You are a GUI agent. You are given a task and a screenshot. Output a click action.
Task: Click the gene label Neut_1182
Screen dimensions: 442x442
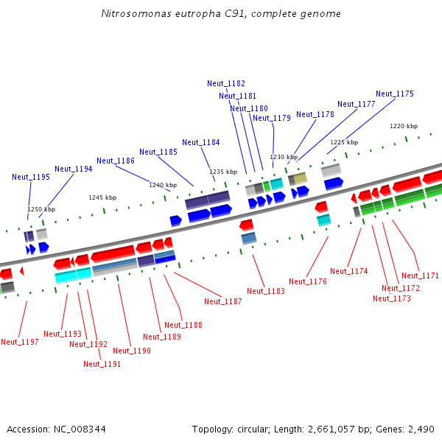click(x=226, y=83)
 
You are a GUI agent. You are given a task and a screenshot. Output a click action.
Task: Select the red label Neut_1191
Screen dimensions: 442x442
click(x=102, y=364)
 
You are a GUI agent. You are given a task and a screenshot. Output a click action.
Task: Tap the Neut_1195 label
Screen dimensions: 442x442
click(x=31, y=177)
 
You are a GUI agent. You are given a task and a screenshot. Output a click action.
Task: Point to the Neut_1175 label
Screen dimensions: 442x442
click(x=395, y=94)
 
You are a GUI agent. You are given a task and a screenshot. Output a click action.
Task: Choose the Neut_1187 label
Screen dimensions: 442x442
click(x=223, y=301)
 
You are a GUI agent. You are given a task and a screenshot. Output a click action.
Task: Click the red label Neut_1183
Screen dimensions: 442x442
click(x=266, y=291)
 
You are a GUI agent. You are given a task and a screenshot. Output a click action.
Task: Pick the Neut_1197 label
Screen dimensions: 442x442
click(x=20, y=342)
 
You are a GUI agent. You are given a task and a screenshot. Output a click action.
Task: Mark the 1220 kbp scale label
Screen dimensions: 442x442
click(x=404, y=126)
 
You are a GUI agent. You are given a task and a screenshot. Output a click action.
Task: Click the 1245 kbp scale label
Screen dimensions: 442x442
click(x=102, y=197)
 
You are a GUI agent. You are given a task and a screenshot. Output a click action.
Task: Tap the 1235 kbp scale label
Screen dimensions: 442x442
click(x=223, y=172)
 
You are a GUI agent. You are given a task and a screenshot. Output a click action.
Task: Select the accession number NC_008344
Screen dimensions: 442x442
click(x=80, y=429)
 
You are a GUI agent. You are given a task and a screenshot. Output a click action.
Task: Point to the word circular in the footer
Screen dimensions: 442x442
click(x=253, y=429)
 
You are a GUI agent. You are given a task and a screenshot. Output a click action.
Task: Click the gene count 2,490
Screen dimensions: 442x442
click(x=421, y=429)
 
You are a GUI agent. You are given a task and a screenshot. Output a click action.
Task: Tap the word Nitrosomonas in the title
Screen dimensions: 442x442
click(x=136, y=13)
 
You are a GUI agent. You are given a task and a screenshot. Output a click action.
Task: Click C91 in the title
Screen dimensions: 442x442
click(x=236, y=13)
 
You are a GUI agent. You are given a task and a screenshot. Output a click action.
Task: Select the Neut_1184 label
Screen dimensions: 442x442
click(x=201, y=142)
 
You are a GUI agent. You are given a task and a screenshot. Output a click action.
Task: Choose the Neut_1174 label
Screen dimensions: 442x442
click(x=349, y=271)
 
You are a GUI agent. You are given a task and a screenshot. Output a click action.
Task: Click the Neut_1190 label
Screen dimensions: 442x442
click(x=132, y=351)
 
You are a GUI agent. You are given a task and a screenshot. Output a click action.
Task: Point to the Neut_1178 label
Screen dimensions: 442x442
click(x=315, y=114)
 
